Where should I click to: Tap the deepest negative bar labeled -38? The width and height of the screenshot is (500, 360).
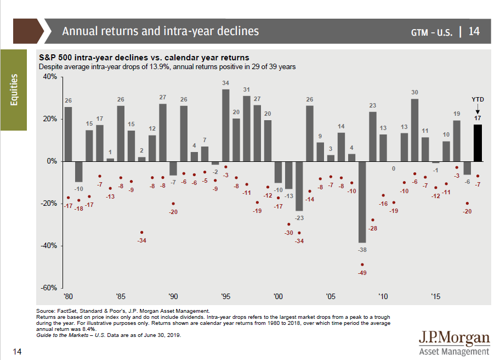(362, 202)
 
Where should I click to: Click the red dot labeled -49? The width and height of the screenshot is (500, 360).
(362, 265)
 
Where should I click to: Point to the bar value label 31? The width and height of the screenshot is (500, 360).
(247, 89)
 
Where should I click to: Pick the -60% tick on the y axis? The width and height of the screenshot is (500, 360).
(49, 288)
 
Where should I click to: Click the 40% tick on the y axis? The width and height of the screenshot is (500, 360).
(49, 77)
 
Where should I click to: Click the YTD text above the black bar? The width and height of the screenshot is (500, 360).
(478, 99)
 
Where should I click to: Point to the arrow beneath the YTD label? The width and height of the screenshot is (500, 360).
(478, 109)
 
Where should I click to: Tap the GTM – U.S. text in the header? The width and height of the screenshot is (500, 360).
(431, 32)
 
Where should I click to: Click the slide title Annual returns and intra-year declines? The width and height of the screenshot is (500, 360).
(160, 31)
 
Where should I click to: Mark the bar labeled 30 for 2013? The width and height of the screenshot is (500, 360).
(414, 130)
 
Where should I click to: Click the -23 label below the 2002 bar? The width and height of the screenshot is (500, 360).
(299, 218)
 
